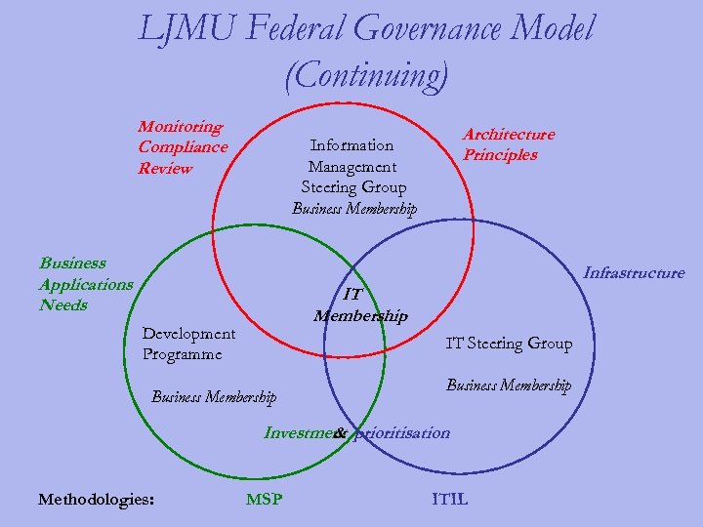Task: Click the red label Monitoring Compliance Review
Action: tap(183, 147)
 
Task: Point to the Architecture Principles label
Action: tap(508, 144)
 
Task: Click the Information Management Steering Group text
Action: tap(353, 166)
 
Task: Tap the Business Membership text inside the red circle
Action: tap(353, 208)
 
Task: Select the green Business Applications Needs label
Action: tap(86, 284)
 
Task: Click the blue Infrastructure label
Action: tap(634, 273)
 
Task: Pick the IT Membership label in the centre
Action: tap(359, 304)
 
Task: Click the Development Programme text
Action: tap(188, 345)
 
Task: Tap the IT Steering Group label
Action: tap(509, 343)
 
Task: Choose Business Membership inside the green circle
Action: tap(214, 396)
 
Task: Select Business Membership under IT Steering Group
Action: tap(509, 385)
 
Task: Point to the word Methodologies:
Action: tap(96, 500)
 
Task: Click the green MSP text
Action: tap(264, 500)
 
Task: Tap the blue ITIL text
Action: tap(449, 500)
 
